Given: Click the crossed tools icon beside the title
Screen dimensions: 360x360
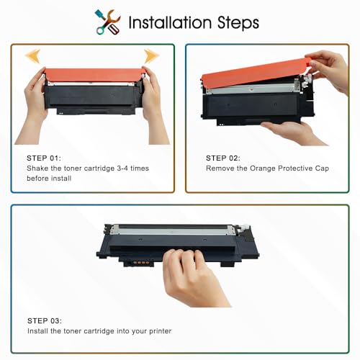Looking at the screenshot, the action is (107, 22).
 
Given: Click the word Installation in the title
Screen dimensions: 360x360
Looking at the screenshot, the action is (170, 22).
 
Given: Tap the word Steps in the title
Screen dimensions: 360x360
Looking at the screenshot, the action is (238, 24).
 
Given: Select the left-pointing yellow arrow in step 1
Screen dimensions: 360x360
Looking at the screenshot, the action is (33, 55).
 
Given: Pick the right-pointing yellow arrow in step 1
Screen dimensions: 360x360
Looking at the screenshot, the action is (151, 56).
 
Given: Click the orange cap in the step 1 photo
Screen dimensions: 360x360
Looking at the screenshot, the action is (95, 75).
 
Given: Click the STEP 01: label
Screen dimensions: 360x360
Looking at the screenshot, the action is (44, 158).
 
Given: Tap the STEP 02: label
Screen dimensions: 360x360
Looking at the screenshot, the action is (223, 158).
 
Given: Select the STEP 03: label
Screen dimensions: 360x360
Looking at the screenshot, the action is (45, 321).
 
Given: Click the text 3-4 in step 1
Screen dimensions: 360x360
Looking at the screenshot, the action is (122, 168).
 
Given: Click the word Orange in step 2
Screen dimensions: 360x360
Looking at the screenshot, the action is (263, 168).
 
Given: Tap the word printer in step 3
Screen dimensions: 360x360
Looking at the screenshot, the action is (161, 331).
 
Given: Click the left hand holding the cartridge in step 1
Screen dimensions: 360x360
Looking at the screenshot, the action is (35, 106).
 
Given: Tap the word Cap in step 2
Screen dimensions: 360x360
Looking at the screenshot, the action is (322, 168).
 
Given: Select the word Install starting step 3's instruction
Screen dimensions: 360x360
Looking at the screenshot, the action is (37, 331).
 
